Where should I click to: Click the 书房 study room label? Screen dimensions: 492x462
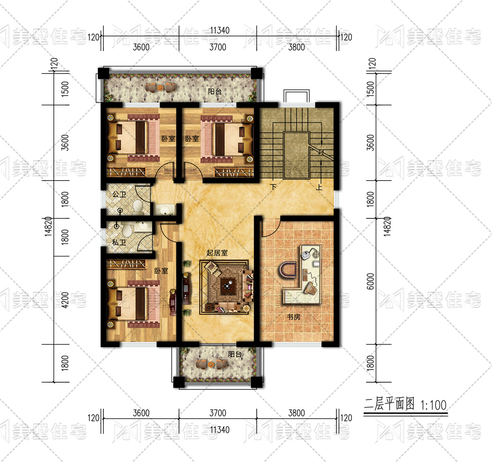coord(293,317)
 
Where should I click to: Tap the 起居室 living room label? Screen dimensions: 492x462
coord(217,253)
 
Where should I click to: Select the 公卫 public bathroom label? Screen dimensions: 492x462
coord(119,194)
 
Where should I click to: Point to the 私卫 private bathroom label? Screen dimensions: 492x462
coord(119,242)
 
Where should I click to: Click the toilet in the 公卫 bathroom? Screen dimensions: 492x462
coord(137,208)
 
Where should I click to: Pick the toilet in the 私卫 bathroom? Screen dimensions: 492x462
coord(127,229)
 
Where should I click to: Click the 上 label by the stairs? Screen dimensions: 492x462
coord(319,187)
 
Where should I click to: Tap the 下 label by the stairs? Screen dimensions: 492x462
coord(273,187)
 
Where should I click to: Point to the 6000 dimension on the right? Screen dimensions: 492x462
coord(370,281)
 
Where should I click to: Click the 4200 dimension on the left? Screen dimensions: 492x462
coord(65,300)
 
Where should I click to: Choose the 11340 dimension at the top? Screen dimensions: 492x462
coord(220,30)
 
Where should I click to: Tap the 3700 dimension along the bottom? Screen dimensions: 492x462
coord(218,413)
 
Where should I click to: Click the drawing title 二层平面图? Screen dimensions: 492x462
coord(389,405)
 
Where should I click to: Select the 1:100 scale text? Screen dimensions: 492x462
coord(433,405)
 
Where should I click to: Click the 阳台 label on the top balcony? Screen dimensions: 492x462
coord(214,91)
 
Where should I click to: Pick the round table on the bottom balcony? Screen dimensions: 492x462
coord(211,364)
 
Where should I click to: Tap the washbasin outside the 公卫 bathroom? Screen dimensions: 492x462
coord(165,210)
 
